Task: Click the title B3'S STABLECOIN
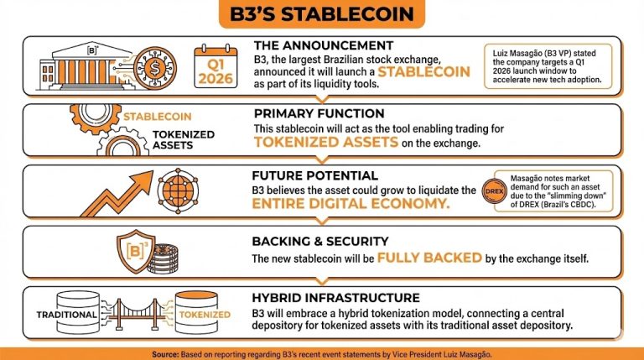[x=321, y=14]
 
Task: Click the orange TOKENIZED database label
[x=206, y=315]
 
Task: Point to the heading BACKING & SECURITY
[x=320, y=242]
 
